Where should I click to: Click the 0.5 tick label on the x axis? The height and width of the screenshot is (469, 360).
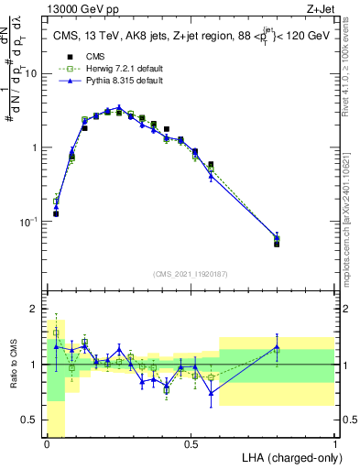click(191, 443)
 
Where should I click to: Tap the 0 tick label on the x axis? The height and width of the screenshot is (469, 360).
click(47, 443)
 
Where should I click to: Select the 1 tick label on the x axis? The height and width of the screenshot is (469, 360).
click(334, 443)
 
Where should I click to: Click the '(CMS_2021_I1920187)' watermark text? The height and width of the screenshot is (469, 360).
click(191, 274)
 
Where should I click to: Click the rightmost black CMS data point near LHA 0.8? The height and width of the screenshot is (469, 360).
click(277, 244)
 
